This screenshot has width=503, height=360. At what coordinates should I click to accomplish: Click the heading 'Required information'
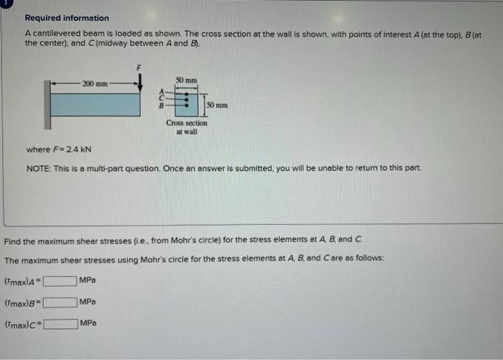[x=67, y=18]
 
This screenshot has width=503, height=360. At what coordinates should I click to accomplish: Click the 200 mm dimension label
[x=95, y=84]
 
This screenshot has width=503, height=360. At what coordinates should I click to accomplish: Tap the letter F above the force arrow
[x=141, y=67]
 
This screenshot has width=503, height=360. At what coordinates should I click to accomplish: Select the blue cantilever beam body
[x=96, y=104]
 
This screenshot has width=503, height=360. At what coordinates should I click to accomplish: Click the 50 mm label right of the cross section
[x=217, y=106]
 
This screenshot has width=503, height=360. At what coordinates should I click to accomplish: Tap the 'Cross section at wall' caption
[x=186, y=126]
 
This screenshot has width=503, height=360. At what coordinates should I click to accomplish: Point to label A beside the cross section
[x=162, y=91]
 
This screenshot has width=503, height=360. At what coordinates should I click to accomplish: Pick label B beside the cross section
[x=162, y=106]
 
